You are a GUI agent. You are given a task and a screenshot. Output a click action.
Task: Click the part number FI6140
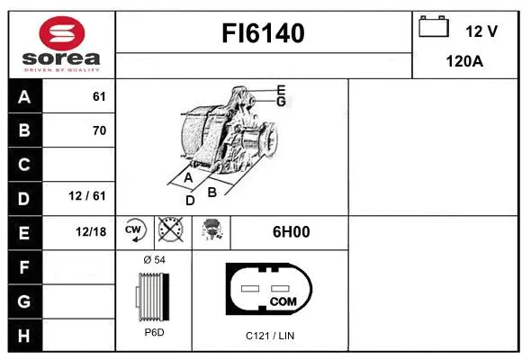(x=264, y=33)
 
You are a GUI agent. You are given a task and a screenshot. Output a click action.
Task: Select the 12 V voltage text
(x=481, y=31)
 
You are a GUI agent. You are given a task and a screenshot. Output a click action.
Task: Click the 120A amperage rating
(x=466, y=63)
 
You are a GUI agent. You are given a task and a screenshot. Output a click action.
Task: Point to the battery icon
(x=434, y=29)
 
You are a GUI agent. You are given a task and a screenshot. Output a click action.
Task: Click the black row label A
(x=23, y=96)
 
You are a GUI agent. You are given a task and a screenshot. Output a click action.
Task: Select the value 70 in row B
(x=99, y=130)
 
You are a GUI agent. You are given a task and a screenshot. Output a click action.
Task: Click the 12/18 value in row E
(x=91, y=232)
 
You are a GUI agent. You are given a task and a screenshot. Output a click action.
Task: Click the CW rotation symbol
(x=134, y=231)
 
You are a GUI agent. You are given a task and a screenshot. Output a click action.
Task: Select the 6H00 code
(x=291, y=232)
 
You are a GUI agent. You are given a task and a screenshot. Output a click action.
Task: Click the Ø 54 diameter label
(x=154, y=260)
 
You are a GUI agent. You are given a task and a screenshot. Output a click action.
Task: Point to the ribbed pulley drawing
(x=152, y=297)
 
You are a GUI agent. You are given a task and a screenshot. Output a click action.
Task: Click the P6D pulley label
(x=154, y=333)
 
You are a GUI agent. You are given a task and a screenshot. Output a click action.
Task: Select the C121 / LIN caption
(x=271, y=336)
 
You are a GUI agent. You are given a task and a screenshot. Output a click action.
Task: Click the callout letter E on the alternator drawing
(x=281, y=90)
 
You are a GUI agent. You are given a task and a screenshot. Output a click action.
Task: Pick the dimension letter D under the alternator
(x=190, y=201)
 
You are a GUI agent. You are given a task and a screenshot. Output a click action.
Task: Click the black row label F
(x=23, y=266)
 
